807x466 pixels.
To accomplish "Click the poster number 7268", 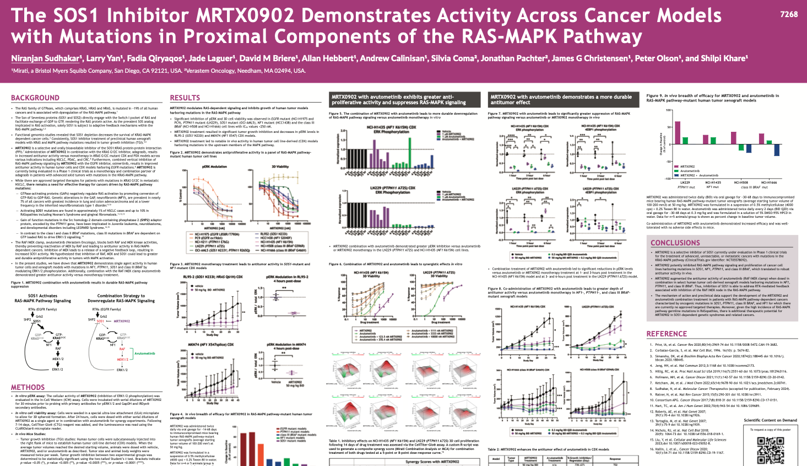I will click(x=788, y=14).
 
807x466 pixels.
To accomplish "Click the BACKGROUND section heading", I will click(x=35, y=98).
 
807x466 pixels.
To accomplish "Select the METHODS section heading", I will click(x=28, y=387).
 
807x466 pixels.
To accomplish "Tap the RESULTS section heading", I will click(x=185, y=98).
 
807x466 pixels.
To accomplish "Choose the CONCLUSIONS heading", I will click(x=675, y=243).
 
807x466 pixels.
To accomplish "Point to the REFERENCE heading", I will click(x=667, y=334).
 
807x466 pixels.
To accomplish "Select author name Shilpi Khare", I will click(x=725, y=58).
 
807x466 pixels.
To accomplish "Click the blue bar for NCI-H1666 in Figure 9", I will click(x=777, y=149).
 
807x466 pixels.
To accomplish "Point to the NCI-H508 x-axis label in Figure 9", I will click(x=741, y=183).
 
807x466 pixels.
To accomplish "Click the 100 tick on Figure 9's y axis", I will click(x=669, y=110).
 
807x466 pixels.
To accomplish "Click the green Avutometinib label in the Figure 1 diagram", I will click(x=144, y=353).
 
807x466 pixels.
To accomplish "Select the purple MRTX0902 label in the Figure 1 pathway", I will click(x=122, y=321).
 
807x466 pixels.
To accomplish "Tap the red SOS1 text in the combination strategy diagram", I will click(x=100, y=321).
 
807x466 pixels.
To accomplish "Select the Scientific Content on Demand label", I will click(x=770, y=420).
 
